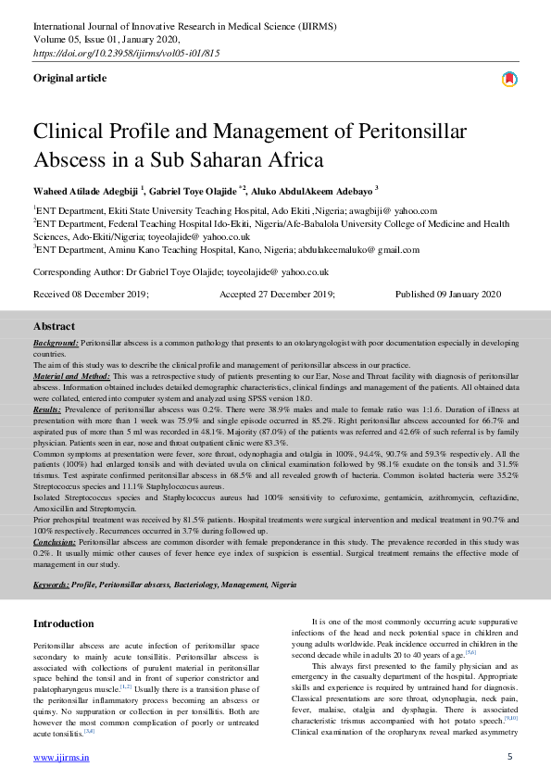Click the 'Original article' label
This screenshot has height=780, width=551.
click(x=69, y=79)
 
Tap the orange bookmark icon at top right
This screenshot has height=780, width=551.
click(x=508, y=80)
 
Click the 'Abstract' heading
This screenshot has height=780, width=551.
click(x=54, y=326)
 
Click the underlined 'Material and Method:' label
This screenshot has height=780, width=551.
click(x=71, y=377)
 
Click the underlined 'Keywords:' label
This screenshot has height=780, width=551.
click(x=51, y=585)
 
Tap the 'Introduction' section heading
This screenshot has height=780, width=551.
click(x=64, y=623)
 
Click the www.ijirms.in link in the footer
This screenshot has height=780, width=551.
click(x=61, y=757)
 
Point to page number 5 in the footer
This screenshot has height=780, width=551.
click(x=509, y=757)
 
